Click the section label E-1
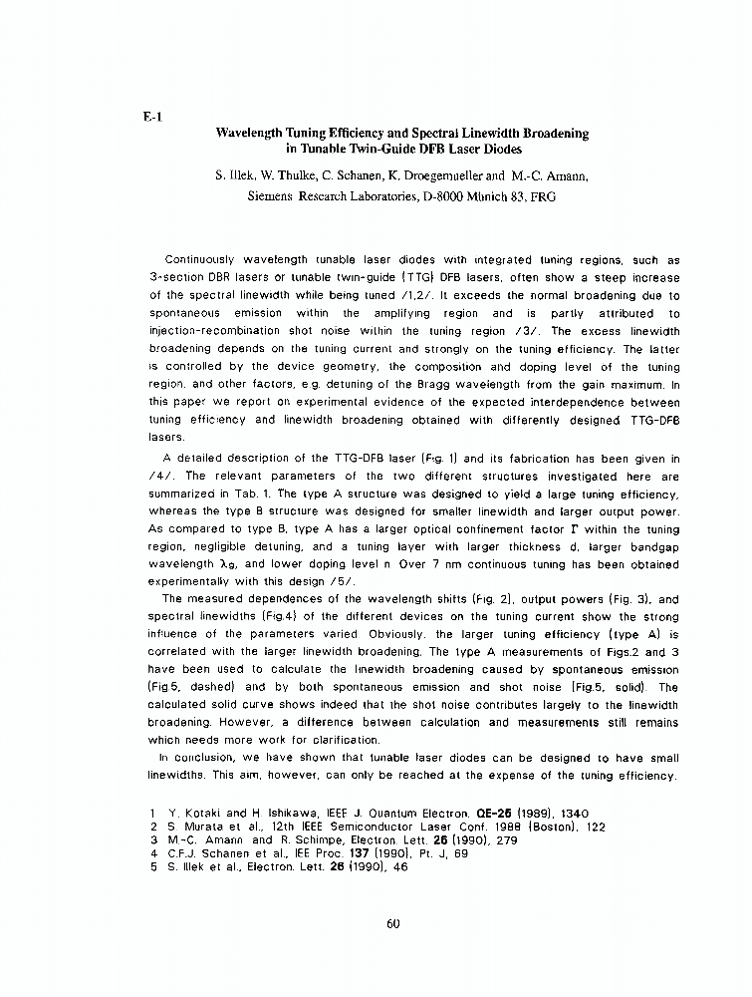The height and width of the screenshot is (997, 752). tap(151, 116)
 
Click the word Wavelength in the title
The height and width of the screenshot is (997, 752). tap(254, 133)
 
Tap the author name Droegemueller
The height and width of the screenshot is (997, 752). tap(436, 176)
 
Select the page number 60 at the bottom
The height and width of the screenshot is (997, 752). tap(392, 923)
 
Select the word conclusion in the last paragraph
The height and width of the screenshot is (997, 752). tap(204, 759)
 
